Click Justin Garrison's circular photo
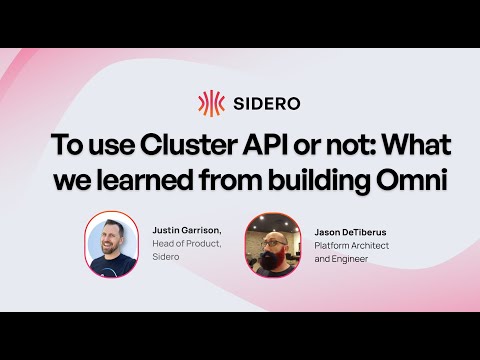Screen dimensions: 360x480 pos(111,243)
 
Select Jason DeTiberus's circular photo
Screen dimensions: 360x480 pos(273,243)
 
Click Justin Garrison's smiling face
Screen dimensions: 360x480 pos(110,240)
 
